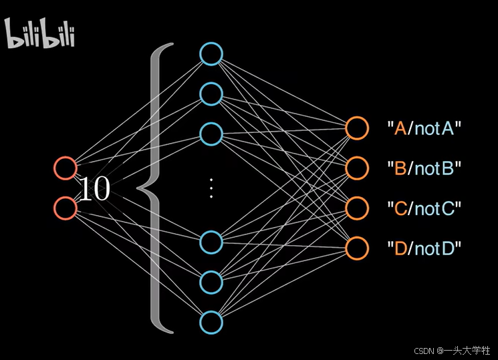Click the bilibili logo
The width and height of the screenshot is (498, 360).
click(40, 34)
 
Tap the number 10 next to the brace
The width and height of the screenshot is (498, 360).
click(94, 190)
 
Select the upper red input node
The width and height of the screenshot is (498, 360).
click(66, 168)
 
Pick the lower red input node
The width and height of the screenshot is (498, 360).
click(66, 208)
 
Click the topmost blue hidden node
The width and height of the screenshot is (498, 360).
click(211, 54)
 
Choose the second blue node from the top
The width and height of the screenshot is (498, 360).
click(211, 94)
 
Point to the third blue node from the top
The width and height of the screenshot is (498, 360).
click(211, 134)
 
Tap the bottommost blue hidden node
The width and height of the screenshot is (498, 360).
click(211, 322)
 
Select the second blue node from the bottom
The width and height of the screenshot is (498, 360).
click(211, 281)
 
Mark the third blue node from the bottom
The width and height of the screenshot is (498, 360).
click(211, 241)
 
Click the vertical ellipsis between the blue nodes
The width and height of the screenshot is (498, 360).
click(211, 188)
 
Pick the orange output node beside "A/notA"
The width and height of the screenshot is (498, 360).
click(357, 128)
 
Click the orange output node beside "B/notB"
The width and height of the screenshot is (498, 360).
click(357, 168)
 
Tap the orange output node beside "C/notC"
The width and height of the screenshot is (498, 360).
click(357, 208)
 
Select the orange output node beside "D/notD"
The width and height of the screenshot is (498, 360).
click(357, 248)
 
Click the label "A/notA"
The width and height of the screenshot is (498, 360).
click(424, 128)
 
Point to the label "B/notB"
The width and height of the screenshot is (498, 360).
click(424, 168)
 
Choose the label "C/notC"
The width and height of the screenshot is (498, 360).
click(424, 208)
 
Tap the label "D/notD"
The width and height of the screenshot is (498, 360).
click(424, 249)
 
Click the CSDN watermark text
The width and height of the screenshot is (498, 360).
click(453, 350)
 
